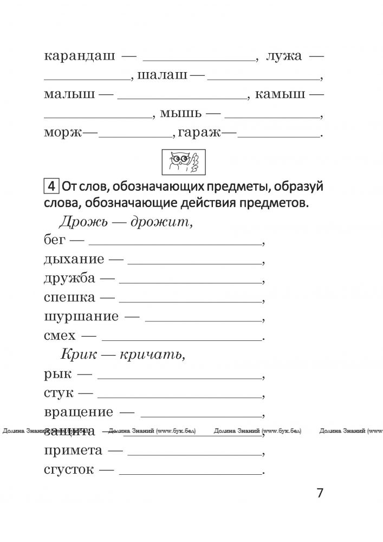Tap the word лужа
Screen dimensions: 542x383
pyautogui.click(x=284, y=56)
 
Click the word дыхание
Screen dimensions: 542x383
pyautogui.click(x=74, y=259)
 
